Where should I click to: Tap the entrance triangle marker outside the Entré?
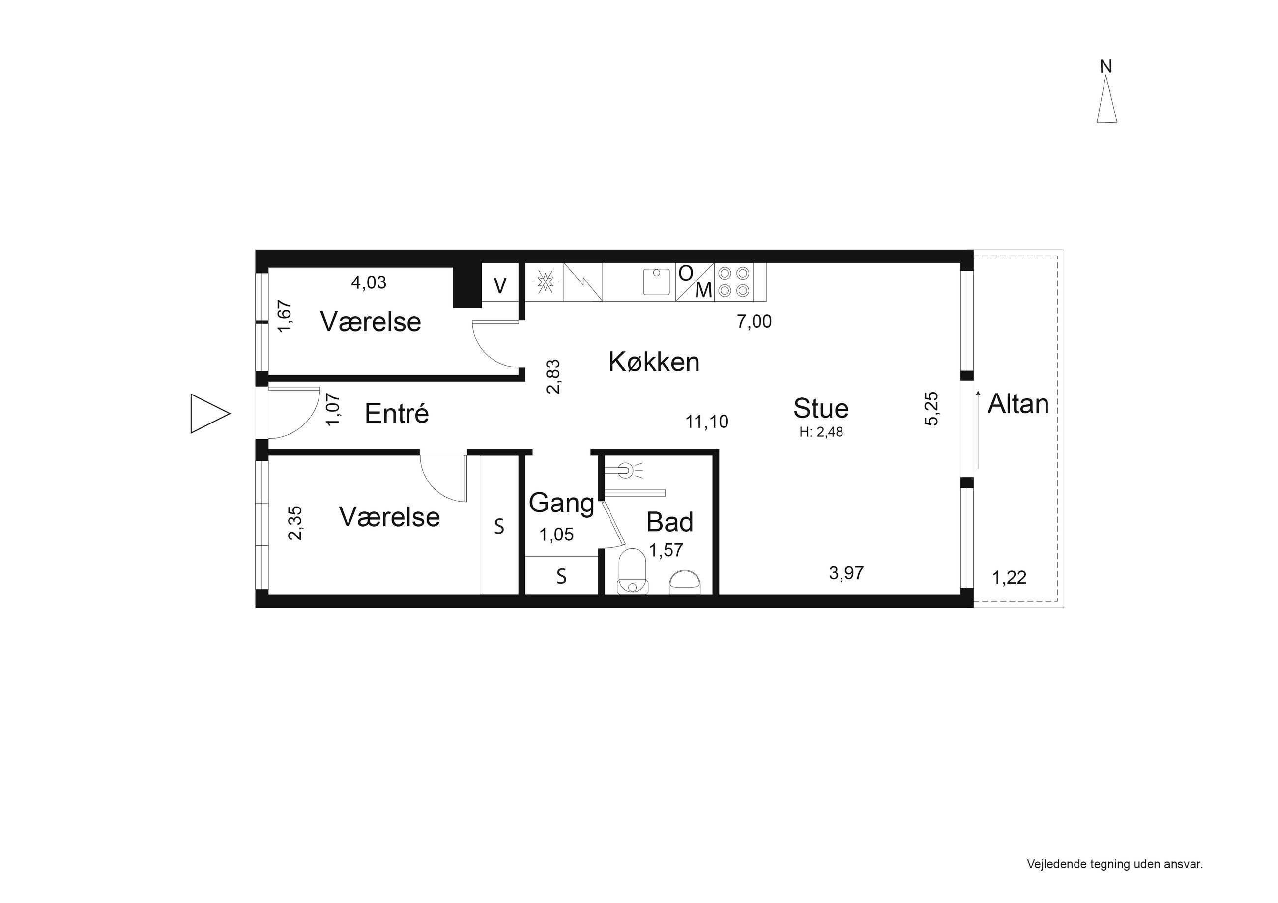[210, 413]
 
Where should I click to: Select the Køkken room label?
[654, 362]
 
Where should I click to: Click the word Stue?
[821, 408]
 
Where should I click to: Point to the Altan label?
[1018, 404]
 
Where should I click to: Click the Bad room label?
[669, 522]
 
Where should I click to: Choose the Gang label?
[562, 504]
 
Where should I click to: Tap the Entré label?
[397, 413]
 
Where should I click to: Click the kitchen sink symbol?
[657, 282]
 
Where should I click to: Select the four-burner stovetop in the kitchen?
[734, 282]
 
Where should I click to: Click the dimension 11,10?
[707, 422]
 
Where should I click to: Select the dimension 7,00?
[754, 322]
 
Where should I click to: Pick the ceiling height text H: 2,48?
[821, 432]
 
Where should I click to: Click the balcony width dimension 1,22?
[1009, 578]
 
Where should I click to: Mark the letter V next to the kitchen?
[500, 286]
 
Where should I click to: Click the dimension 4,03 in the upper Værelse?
[369, 282]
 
